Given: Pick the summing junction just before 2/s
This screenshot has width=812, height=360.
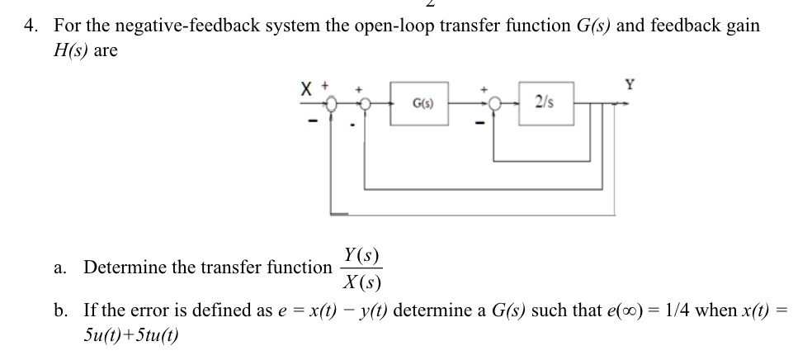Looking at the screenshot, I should [x=494, y=104].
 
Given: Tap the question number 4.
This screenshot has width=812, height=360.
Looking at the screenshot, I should [x=29, y=25].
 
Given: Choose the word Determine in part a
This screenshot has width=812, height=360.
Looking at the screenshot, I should [x=120, y=268].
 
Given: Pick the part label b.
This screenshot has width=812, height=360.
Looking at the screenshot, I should [x=60, y=310].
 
